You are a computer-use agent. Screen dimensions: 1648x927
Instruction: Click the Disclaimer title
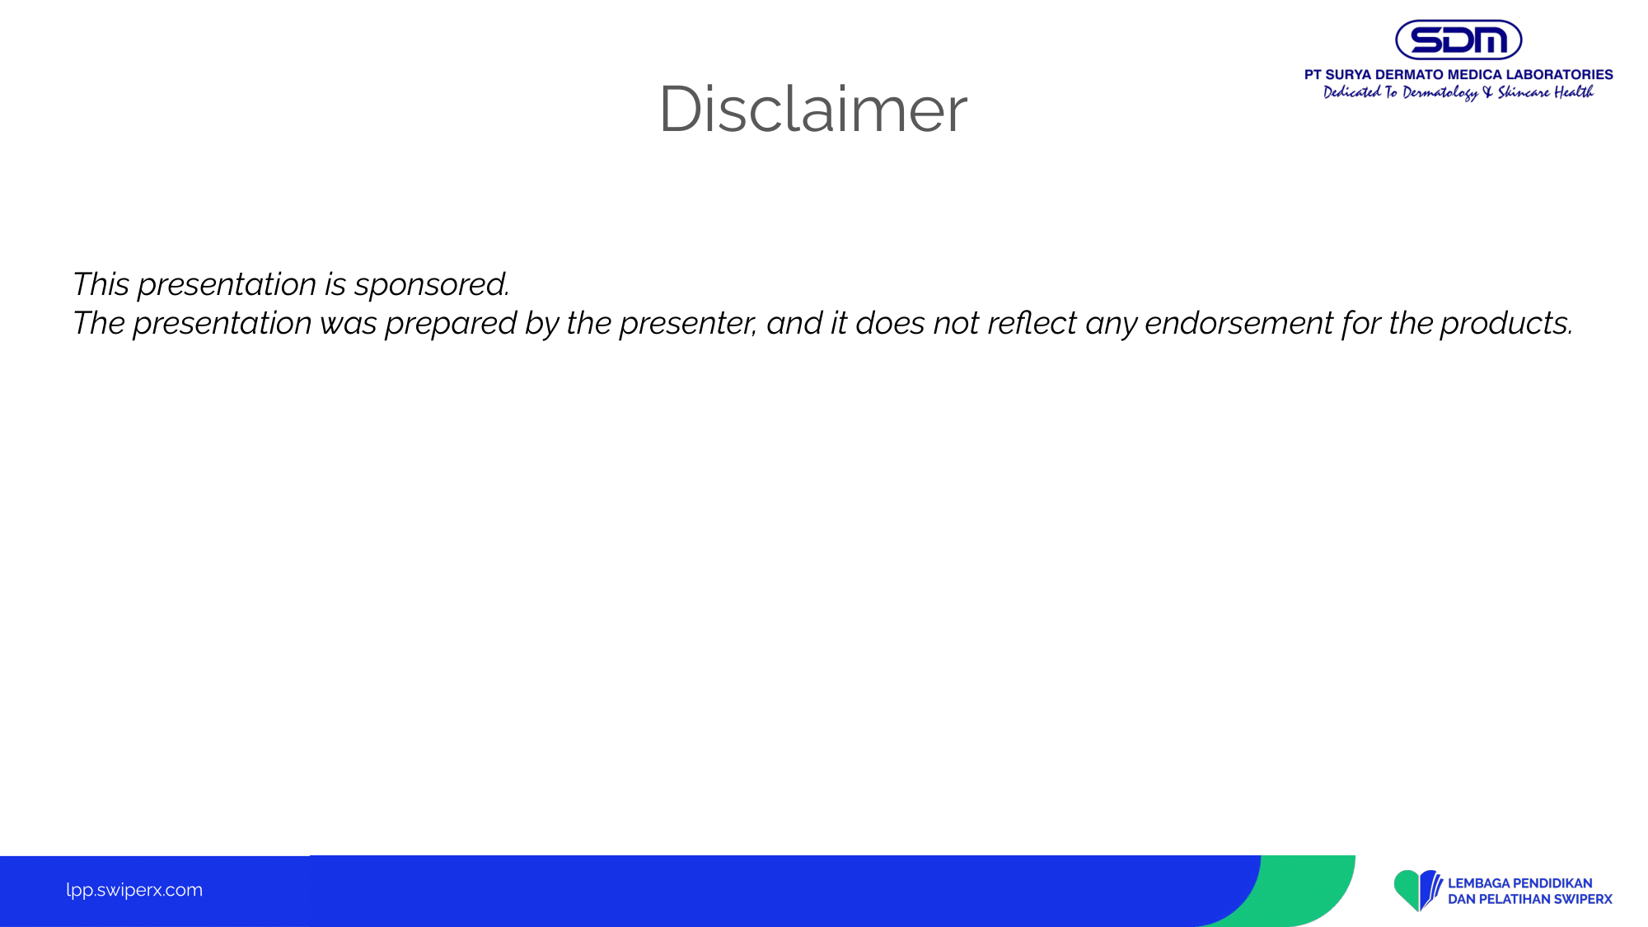[813, 109]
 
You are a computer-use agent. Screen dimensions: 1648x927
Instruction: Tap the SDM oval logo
[1458, 40]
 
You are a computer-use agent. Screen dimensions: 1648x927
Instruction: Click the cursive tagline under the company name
[1458, 92]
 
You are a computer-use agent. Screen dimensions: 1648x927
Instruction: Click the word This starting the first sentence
[101, 284]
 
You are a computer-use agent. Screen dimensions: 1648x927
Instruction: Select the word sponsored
[432, 285]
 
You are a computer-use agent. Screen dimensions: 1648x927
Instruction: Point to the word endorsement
[1238, 323]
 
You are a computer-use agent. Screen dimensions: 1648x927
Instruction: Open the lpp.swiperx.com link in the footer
[134, 890]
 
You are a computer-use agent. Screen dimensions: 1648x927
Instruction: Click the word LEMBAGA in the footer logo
[1479, 883]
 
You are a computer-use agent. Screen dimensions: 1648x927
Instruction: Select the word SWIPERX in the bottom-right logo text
[1583, 899]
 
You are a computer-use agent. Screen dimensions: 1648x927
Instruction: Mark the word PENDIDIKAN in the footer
[1553, 883]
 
